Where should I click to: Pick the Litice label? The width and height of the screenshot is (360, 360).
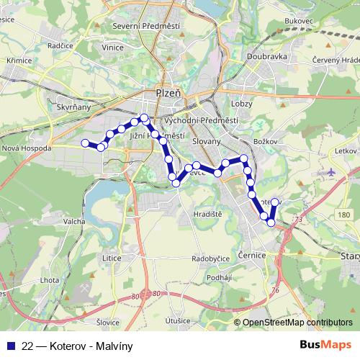[112, 257]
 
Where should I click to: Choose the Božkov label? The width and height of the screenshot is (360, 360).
[266, 140]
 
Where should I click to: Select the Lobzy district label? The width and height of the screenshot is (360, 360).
[241, 104]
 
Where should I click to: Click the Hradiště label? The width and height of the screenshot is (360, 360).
[207, 215]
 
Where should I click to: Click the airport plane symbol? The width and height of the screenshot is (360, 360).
[330, 173]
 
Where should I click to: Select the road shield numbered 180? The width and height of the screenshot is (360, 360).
[345, 215]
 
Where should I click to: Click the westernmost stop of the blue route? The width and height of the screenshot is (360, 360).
[84, 143]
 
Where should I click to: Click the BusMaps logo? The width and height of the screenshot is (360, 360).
[325, 345]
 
